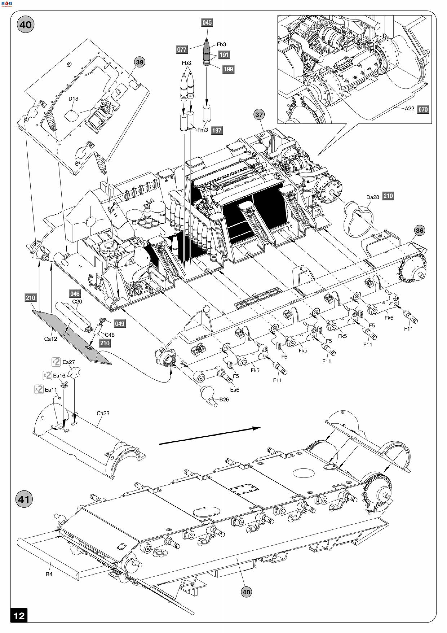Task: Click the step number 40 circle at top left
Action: point(25,25)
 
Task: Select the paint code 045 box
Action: point(207,23)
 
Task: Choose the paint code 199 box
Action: point(228,69)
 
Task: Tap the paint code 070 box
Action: point(423,110)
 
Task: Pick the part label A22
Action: point(409,109)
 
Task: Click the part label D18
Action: point(73,99)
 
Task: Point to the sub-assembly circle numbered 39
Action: point(140,62)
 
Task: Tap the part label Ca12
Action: point(50,339)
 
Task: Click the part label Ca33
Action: point(103,413)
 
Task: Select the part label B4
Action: point(49,574)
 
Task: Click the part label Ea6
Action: point(235,390)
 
